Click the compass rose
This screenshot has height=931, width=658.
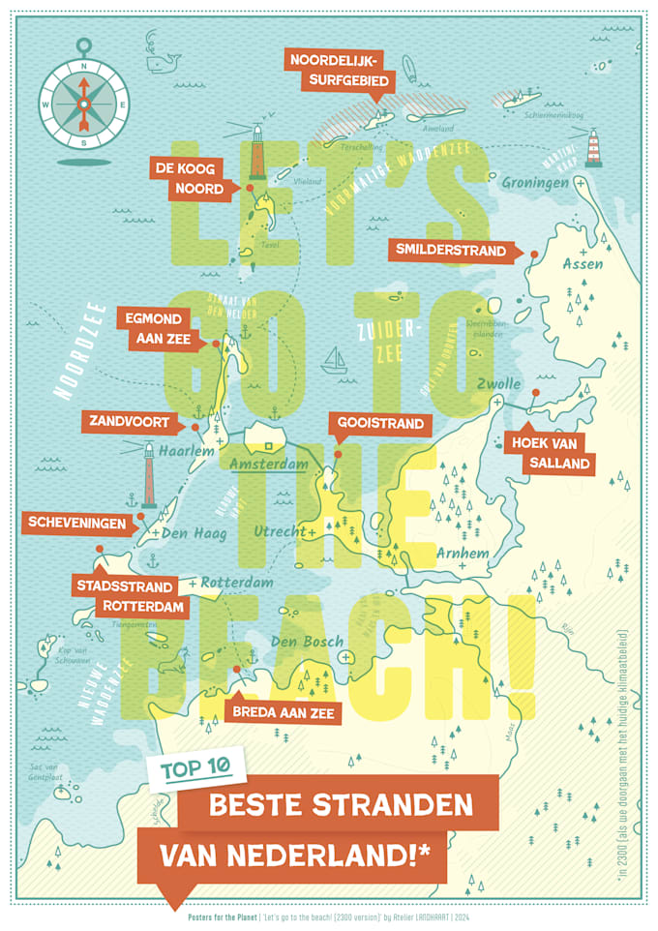click(83, 100)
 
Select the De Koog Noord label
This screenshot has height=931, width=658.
click(188, 178)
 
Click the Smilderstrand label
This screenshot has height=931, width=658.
click(450, 250)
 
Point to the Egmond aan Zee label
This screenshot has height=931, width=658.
click(159, 327)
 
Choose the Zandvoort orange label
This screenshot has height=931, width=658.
click(131, 422)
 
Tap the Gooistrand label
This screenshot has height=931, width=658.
click(380, 424)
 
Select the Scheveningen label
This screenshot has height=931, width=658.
click(77, 523)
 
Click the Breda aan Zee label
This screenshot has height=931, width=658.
click(284, 712)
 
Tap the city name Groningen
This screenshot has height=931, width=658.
click(534, 181)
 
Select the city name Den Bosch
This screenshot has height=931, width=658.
click(307, 642)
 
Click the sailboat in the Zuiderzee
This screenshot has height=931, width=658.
click(336, 360)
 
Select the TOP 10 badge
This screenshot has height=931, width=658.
click(195, 769)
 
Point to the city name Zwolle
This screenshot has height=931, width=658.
click(500, 383)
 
